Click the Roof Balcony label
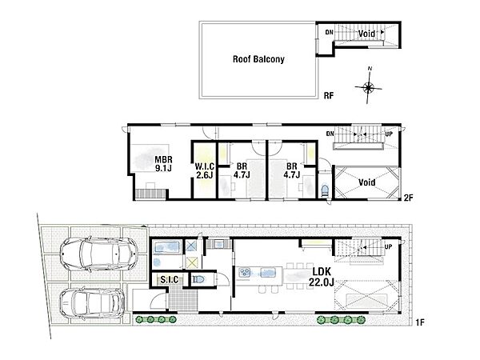[258, 59]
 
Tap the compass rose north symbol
[369, 87]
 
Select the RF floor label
[329, 96]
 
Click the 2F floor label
[408, 198]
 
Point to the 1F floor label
[420, 322]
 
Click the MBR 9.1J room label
[163, 164]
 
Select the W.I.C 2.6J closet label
[205, 171]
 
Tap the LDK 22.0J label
[321, 277]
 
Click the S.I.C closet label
[170, 280]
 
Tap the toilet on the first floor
[198, 279]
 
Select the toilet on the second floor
[325, 190]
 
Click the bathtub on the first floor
[166, 247]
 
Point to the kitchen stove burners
[245, 272]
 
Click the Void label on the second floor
[366, 182]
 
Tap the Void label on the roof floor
[366, 34]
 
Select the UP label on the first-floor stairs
[388, 246]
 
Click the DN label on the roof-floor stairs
[330, 32]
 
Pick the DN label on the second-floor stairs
[330, 134]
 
